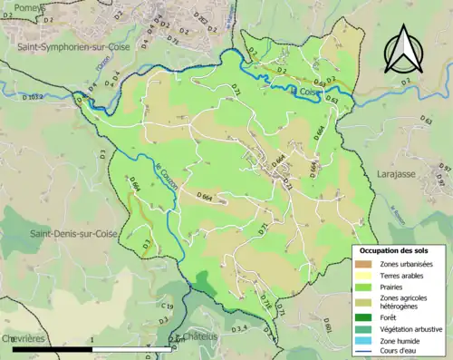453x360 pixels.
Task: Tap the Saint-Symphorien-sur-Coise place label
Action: pos(70,44)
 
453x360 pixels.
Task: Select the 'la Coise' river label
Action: pos(305,91)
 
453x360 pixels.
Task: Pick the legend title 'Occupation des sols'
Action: pos(394,249)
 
